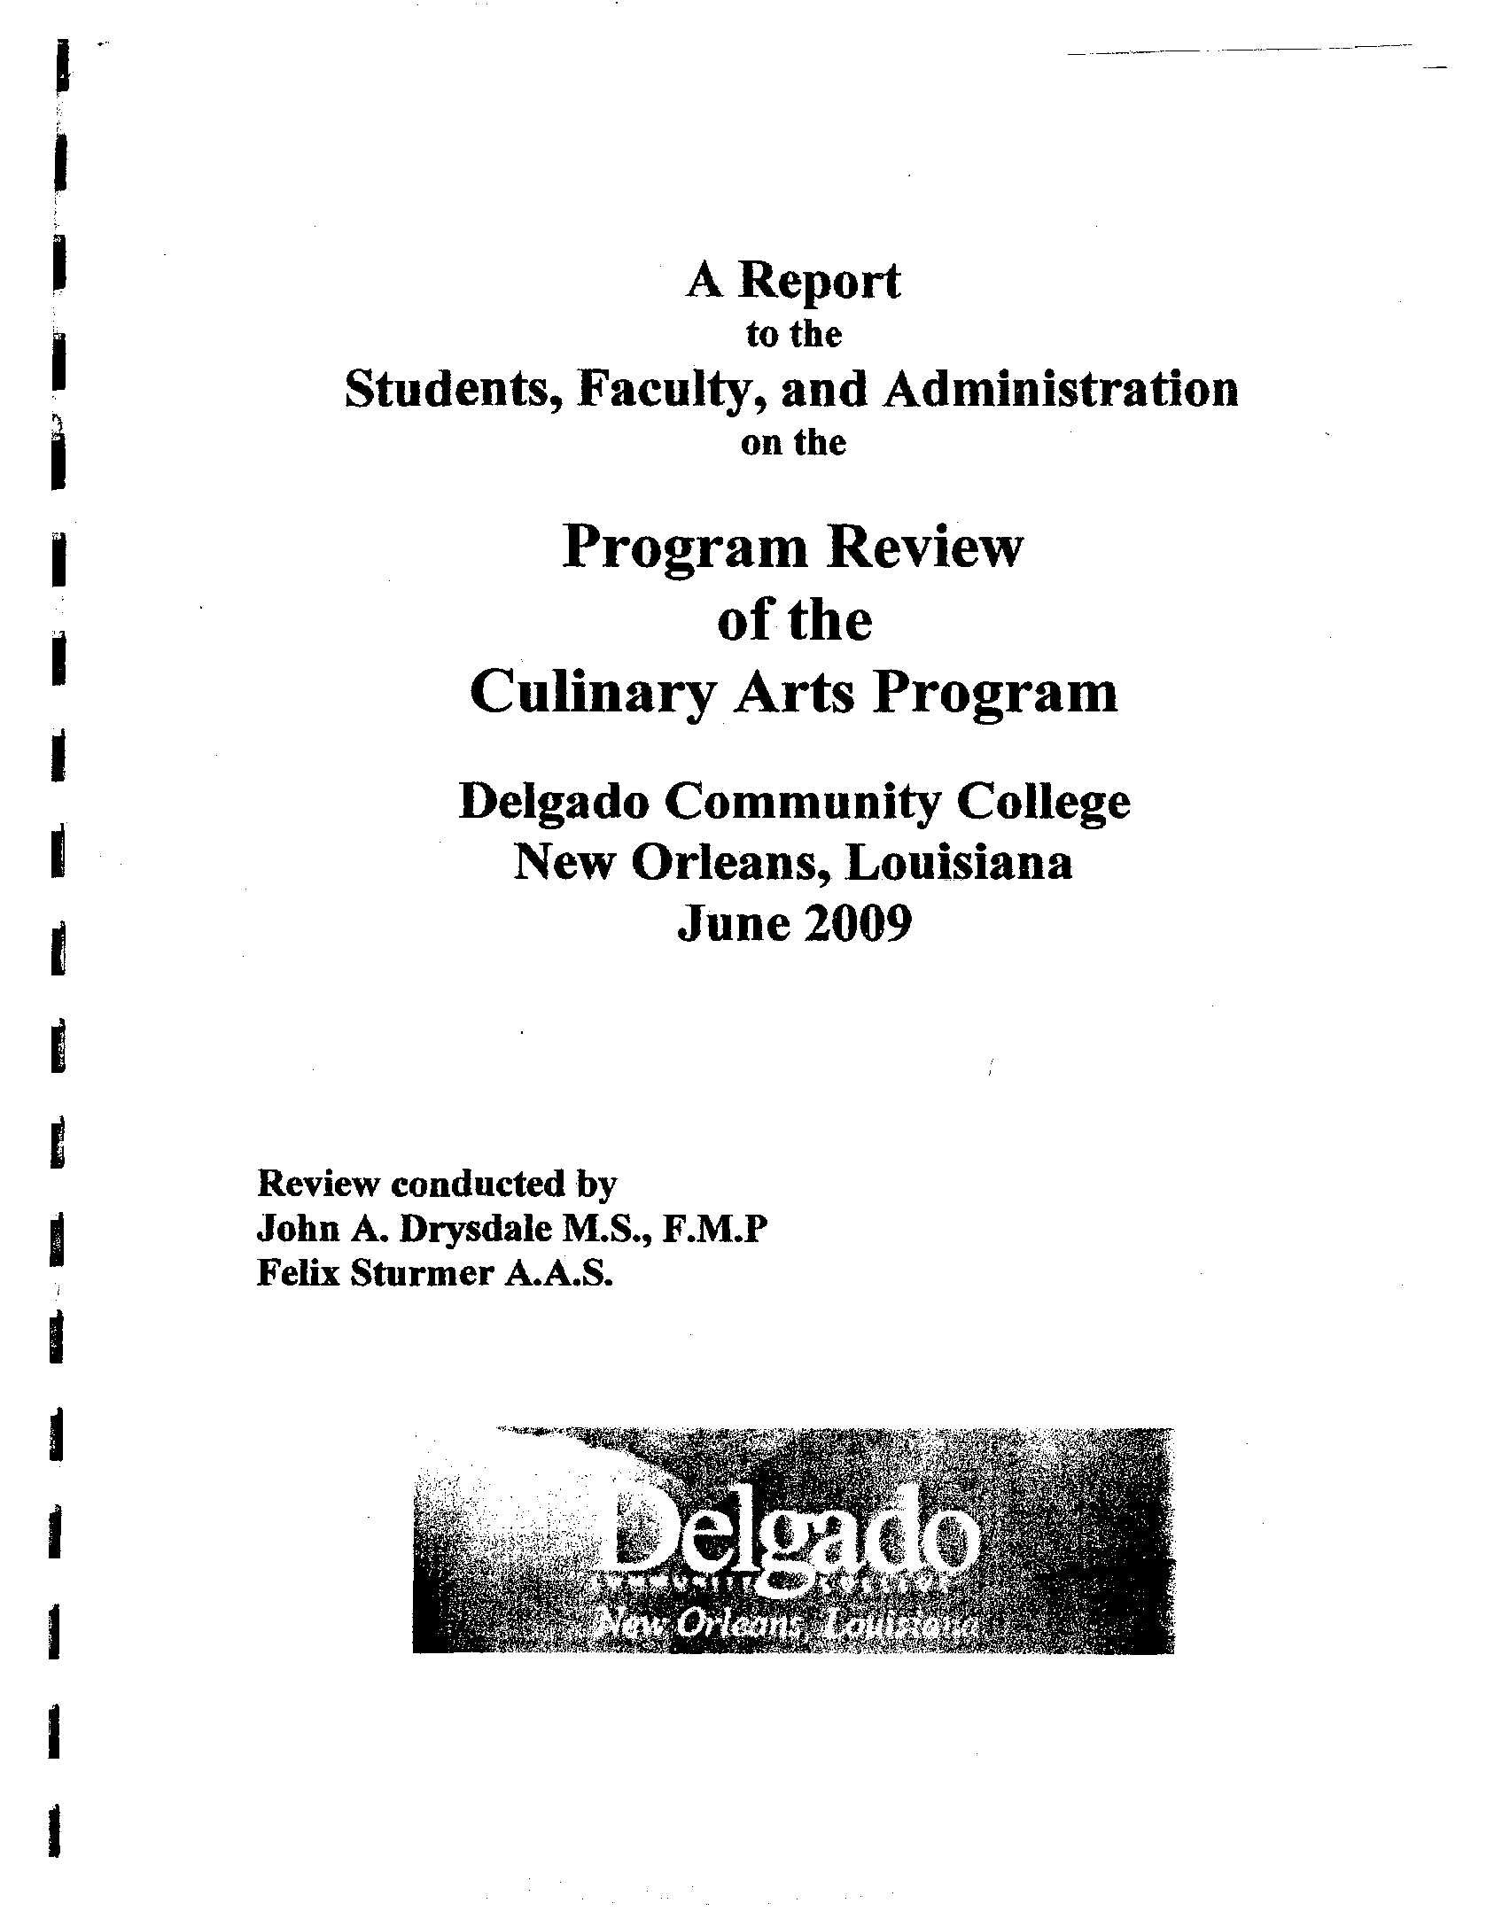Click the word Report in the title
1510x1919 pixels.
coord(820,284)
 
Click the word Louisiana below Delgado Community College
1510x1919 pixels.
coord(958,863)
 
